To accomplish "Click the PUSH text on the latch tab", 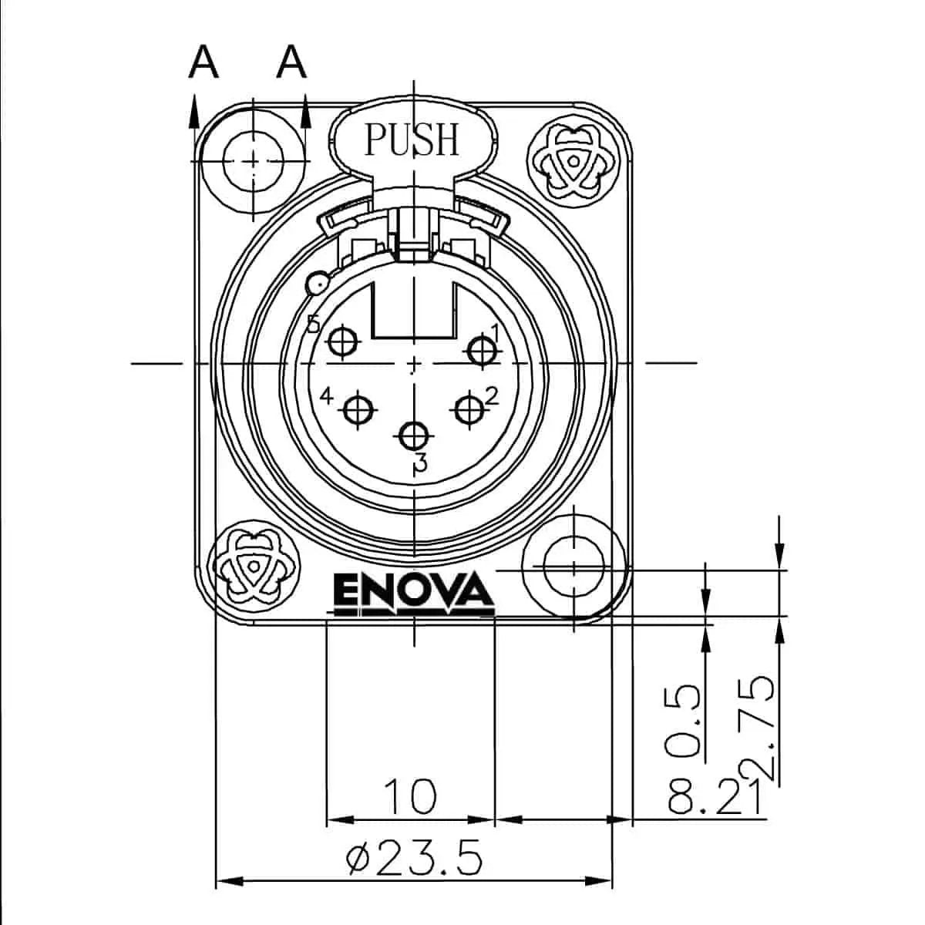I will pos(412,140).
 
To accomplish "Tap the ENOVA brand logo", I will pos(413,593).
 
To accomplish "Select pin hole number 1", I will pos(483,349).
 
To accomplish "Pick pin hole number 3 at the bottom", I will pos(415,436).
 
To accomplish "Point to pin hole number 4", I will pos(357,410).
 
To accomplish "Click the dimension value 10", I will pos(410,796).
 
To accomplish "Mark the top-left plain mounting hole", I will pos(253,160).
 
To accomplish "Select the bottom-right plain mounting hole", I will pos(574,569).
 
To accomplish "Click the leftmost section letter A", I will pos(203,62).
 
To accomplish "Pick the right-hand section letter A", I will pos(292,62).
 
